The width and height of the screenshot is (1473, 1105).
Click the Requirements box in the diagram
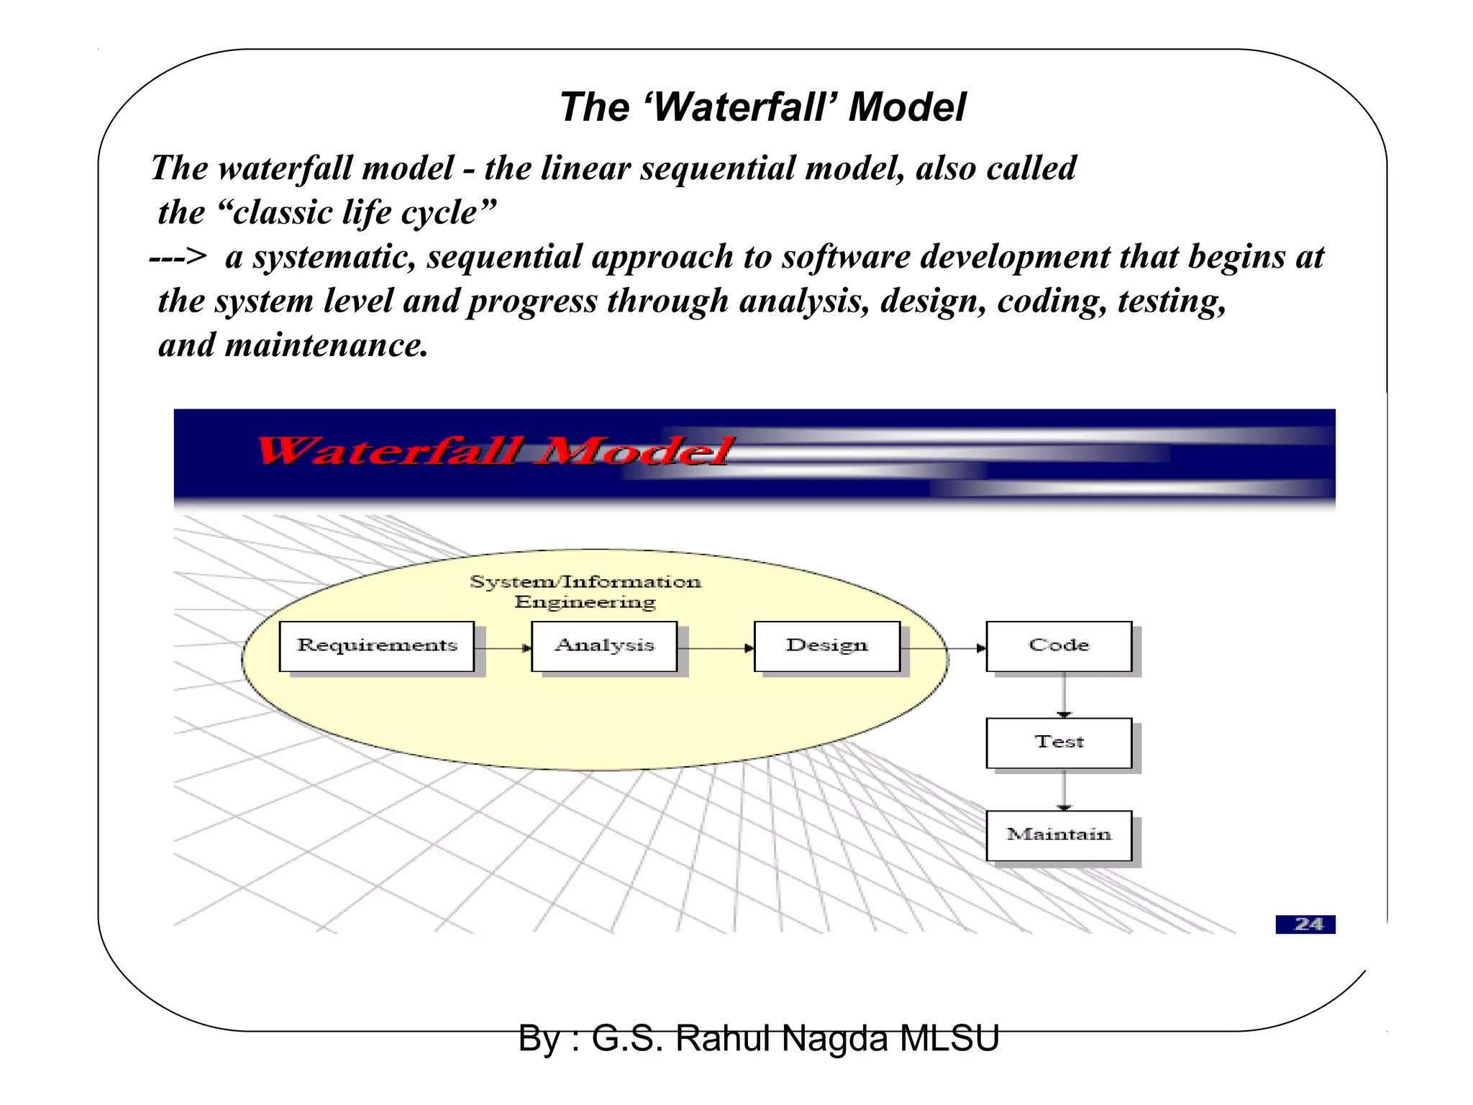(377, 646)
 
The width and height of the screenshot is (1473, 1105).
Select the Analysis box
(604, 646)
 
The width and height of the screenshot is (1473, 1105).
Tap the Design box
(827, 646)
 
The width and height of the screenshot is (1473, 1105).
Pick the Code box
(1059, 646)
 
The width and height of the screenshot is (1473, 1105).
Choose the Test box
(1059, 742)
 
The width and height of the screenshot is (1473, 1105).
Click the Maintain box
(1059, 835)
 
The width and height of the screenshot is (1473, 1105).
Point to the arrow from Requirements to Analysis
(503, 648)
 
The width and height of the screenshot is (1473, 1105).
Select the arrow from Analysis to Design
(716, 648)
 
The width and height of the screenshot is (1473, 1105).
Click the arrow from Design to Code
(943, 648)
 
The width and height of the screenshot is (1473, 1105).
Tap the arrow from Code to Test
(1064, 694)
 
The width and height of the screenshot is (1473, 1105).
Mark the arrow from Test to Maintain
(1064, 789)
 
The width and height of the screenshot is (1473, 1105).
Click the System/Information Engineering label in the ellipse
(585, 591)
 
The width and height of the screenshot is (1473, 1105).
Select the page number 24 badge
(1305, 924)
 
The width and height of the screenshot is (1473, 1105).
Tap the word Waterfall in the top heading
(742, 108)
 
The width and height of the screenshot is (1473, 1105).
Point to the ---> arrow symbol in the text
(178, 257)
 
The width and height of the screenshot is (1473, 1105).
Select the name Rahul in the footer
(723, 1039)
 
